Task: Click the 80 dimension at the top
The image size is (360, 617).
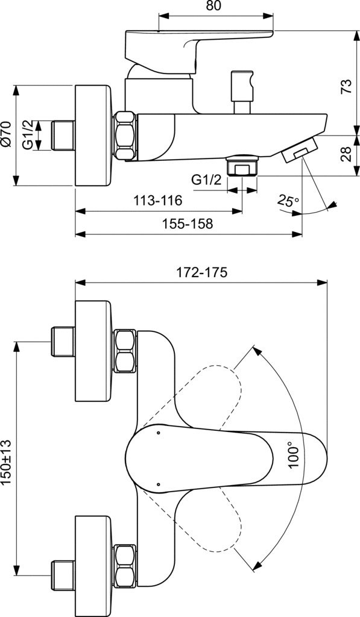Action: click(x=213, y=7)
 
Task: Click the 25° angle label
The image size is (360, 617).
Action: click(x=288, y=201)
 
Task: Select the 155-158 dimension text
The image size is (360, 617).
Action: click(x=188, y=224)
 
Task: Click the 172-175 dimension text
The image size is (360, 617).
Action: click(x=201, y=272)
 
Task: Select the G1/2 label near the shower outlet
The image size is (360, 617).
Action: click(x=206, y=180)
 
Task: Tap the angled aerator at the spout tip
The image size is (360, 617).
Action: click(x=298, y=149)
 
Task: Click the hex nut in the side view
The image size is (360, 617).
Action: click(x=125, y=136)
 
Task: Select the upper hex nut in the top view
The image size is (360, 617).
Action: click(x=125, y=351)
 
